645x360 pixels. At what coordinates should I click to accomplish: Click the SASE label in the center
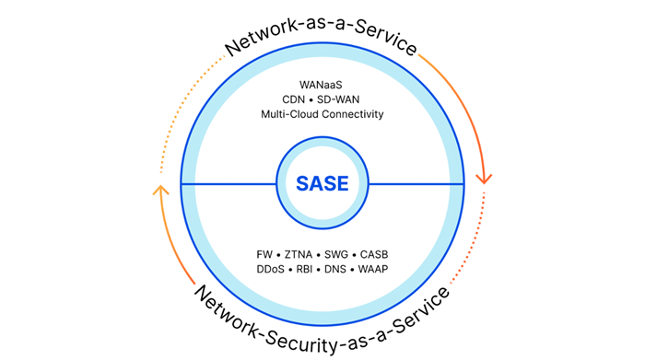click(322, 183)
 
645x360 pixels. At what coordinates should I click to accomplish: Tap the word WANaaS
click(322, 84)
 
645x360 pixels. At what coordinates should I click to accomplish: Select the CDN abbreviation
click(295, 99)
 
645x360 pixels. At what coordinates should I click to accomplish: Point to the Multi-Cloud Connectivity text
click(322, 114)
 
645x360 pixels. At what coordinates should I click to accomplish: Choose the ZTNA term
click(298, 253)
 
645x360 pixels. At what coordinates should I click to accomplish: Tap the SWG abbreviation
click(336, 253)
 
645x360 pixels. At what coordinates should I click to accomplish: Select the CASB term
click(374, 253)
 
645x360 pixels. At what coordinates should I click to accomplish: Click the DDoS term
click(272, 269)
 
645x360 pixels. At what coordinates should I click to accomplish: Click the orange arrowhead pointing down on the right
click(483, 176)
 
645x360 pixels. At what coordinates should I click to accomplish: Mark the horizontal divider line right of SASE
click(415, 184)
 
